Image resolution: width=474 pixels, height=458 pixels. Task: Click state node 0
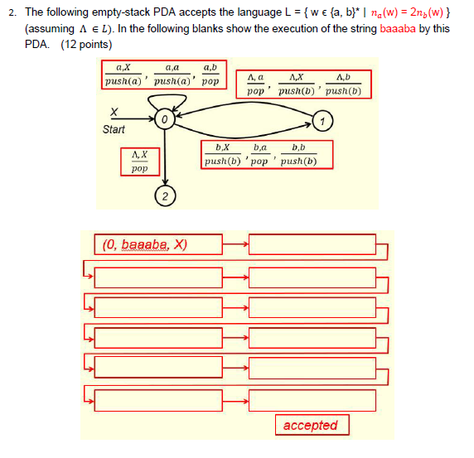[166, 121]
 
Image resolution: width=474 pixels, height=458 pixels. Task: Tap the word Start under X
[114, 129]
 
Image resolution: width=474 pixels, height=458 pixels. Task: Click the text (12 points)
[88, 43]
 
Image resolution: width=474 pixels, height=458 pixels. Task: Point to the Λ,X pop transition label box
[139, 161]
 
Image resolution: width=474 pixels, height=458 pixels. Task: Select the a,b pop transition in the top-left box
[210, 75]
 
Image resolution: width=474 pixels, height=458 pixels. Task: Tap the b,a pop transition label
[259, 156]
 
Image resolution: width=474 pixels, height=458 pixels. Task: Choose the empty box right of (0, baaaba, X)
[312, 244]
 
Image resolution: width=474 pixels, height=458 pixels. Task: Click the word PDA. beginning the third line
[37, 43]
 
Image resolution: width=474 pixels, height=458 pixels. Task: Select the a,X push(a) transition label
[123, 75]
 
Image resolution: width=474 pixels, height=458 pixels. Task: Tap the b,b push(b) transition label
[298, 156]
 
